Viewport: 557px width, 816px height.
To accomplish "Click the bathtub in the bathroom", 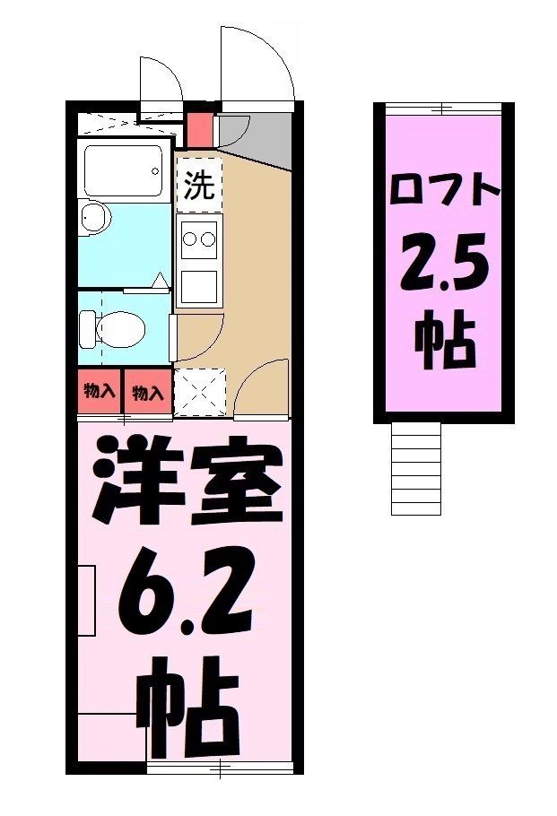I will [x=124, y=169].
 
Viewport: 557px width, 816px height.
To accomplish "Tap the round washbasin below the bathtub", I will [x=93, y=217].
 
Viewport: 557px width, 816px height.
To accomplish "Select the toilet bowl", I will [x=112, y=328].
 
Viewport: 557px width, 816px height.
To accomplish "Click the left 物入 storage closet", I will [x=99, y=392].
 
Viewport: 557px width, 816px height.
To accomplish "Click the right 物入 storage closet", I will [x=147, y=392].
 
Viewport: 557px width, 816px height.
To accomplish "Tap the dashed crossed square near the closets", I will [x=196, y=391].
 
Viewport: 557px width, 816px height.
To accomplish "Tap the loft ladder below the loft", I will [x=416, y=468].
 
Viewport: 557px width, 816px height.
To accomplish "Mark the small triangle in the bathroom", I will [x=161, y=282].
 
